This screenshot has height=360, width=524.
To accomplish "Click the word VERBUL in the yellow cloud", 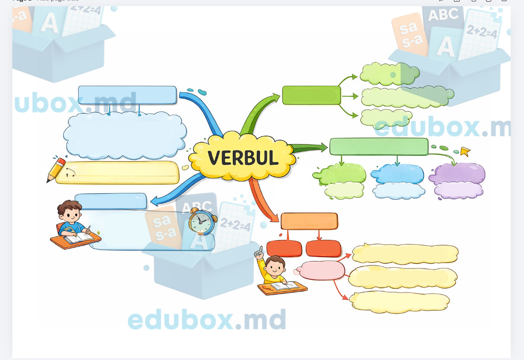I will (243, 158).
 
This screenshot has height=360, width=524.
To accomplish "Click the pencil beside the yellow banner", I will (56, 169).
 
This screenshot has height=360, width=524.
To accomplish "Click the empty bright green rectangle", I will (311, 95).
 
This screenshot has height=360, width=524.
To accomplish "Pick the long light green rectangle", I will (379, 147).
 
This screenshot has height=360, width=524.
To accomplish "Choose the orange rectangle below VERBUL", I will (309, 221).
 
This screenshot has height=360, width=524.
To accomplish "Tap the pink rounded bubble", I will (322, 270).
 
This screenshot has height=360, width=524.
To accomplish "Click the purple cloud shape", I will (457, 174).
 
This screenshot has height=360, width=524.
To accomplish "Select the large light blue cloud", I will (125, 135).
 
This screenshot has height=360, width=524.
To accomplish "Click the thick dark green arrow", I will (309, 148).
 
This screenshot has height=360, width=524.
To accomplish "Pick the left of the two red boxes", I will (284, 248).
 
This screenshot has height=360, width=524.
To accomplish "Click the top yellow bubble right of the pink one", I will (405, 254).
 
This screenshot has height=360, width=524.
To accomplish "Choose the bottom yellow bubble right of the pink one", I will (399, 302).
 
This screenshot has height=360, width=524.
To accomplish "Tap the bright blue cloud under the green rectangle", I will (398, 174).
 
